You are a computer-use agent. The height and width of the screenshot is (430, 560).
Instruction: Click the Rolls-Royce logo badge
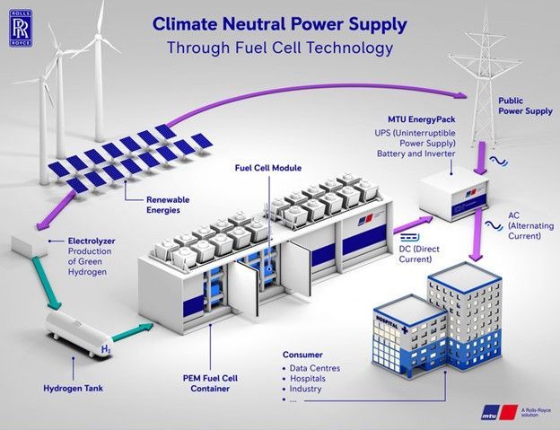21,28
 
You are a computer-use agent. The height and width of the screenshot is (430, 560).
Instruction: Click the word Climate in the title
185,24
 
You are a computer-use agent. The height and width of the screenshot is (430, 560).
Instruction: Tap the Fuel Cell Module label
268,168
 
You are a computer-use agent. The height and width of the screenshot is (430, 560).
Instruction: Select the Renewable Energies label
168,205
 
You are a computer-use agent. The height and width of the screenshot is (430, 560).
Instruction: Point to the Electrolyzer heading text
92,241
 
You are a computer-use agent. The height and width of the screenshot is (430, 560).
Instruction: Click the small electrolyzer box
30,246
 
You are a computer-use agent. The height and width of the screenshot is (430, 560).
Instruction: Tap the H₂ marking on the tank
106,349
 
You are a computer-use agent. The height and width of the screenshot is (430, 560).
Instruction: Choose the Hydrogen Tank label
74,388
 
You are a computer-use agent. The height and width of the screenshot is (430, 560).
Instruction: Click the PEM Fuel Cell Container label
210,383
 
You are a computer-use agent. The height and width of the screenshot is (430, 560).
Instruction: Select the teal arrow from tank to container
133,332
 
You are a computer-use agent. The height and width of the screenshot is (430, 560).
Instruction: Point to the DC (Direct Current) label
419,254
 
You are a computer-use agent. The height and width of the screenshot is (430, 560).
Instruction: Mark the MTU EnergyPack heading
422,118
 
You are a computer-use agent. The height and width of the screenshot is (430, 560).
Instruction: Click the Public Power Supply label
525,106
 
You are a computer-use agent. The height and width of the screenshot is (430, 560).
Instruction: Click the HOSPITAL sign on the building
387,321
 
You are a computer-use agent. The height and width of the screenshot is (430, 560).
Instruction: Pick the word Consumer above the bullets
302,355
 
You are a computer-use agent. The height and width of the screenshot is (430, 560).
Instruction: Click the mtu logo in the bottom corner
499,412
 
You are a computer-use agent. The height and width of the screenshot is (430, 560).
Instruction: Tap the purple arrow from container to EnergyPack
413,225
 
